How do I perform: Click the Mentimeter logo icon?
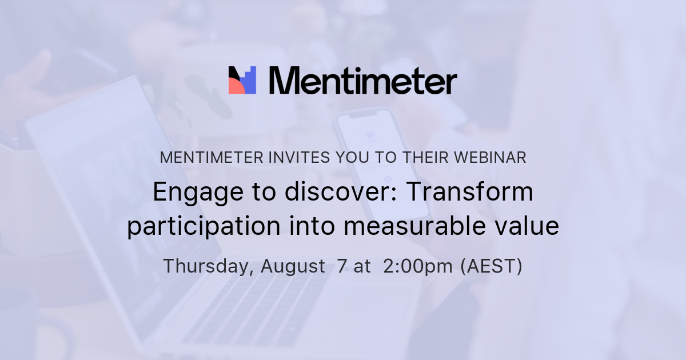[x=242, y=80]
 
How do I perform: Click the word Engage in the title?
[x=189, y=193]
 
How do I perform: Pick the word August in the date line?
[x=293, y=266]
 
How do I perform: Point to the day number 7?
[x=342, y=266]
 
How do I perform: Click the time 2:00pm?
[x=418, y=266]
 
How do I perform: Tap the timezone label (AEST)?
[x=492, y=266]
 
